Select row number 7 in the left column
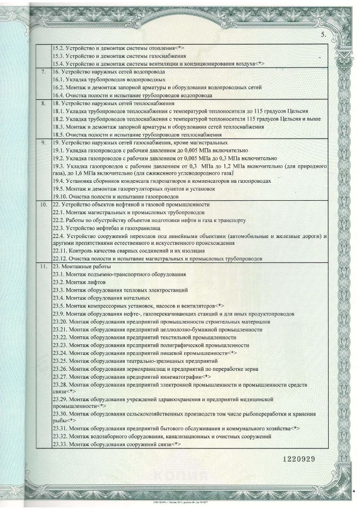click(43, 71)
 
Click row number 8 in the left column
click(43, 104)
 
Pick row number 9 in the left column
click(43, 143)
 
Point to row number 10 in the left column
click(43, 205)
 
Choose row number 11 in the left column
click(43, 266)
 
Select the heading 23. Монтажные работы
click(82, 266)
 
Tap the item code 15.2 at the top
click(58, 48)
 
